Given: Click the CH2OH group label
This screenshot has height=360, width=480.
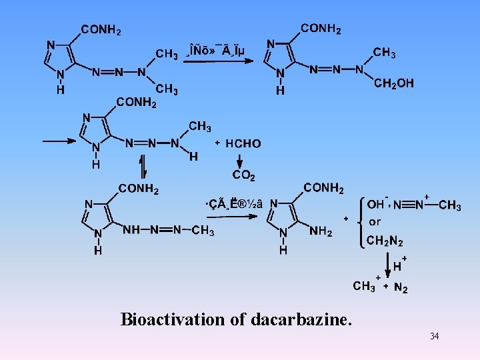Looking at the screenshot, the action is point(394,83).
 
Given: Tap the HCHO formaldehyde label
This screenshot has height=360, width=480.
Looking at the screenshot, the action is point(243,143).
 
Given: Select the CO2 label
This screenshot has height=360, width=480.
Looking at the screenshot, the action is point(242,176).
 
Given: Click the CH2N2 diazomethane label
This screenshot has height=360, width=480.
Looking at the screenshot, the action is point(385,241).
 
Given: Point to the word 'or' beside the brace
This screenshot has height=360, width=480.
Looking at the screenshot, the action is point(375,222).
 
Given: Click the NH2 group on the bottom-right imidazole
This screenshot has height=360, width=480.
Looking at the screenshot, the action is point(321,231).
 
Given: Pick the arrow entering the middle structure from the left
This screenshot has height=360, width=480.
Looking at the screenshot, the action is point(59,141).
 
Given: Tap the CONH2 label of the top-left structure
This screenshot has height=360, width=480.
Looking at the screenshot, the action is point(101,30).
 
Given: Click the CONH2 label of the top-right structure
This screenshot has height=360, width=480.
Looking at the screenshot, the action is point(321,29).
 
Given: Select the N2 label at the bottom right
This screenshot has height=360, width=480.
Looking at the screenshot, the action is point(401,288).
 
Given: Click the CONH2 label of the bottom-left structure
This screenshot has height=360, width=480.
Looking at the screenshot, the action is point(139,189).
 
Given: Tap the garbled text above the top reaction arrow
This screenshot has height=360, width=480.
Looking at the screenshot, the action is point(217,49).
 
